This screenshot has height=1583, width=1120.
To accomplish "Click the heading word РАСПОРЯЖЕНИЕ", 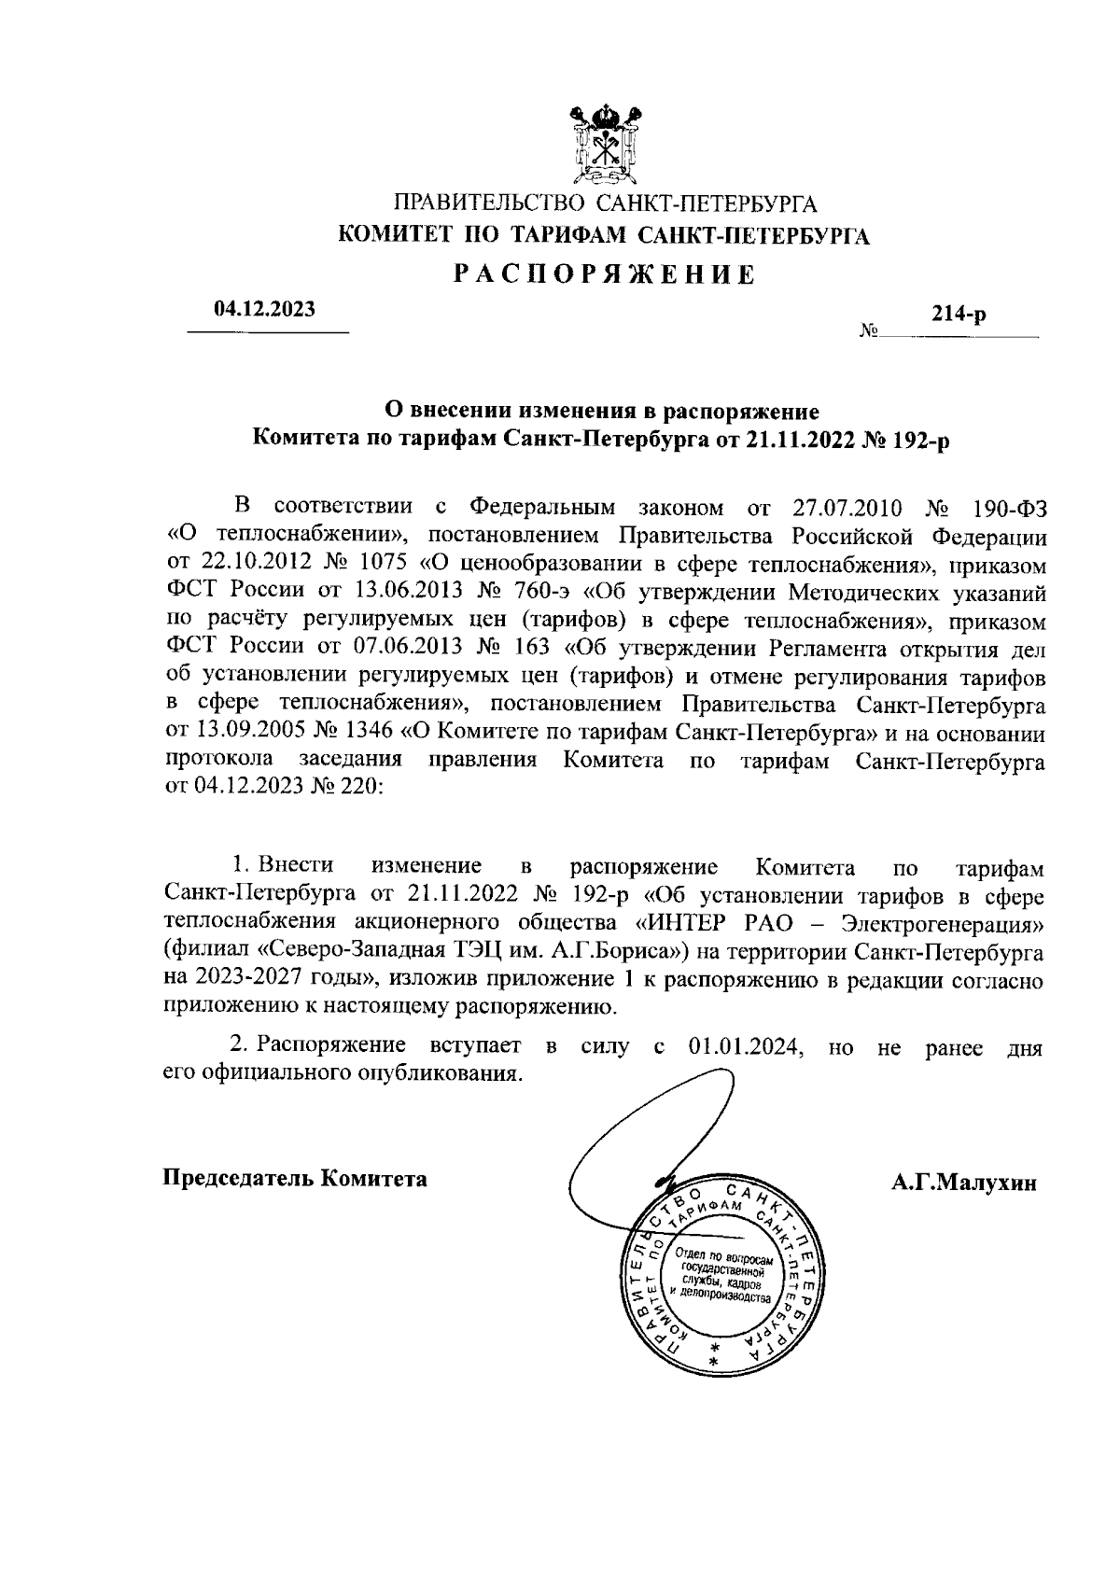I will [604, 274].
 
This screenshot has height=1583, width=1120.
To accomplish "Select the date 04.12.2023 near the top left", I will [265, 309].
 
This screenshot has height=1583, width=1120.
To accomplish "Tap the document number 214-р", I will [959, 315].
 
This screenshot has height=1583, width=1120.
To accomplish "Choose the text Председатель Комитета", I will [296, 1178].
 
